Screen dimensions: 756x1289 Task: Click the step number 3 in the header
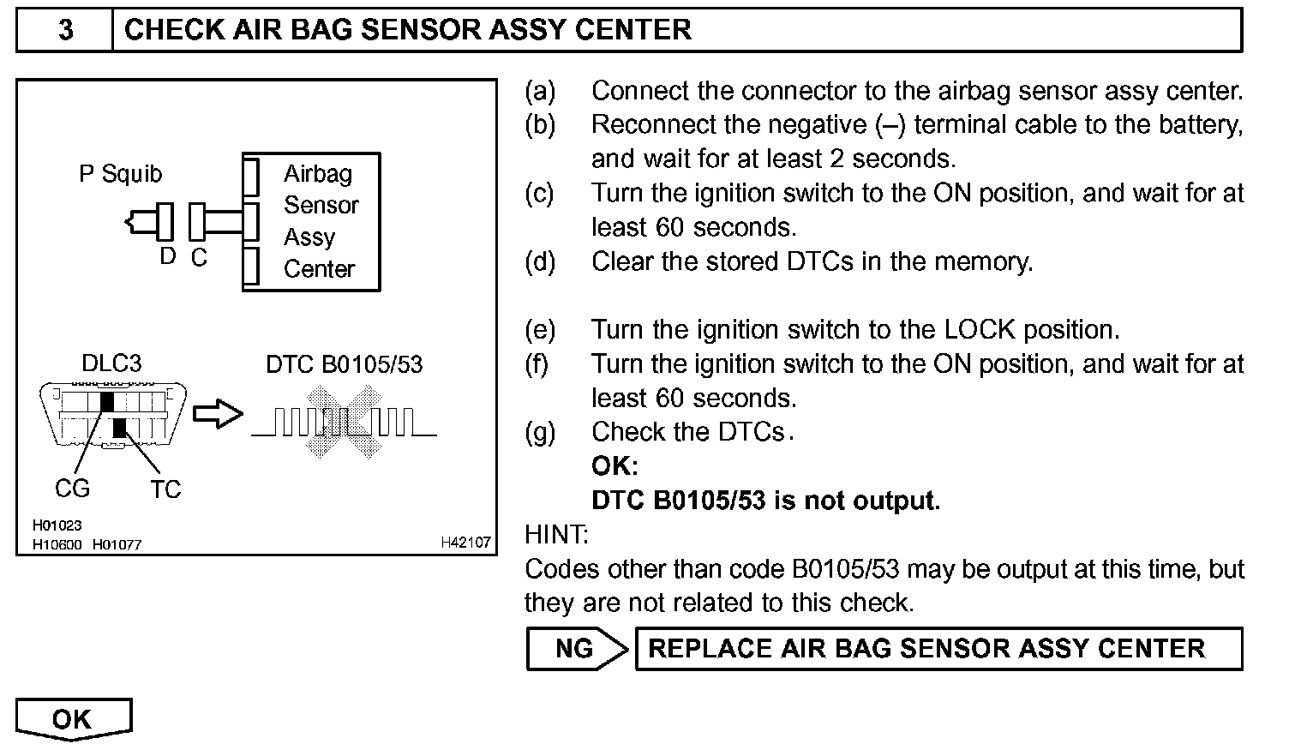coord(65,30)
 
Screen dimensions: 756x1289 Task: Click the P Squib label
coord(120,174)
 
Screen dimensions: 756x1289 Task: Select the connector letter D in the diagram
coord(168,256)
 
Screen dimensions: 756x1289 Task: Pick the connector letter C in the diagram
coord(199,258)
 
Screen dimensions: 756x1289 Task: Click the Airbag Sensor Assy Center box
coord(312,222)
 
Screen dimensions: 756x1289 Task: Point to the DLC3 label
coord(111,363)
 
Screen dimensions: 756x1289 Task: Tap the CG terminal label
coord(72,489)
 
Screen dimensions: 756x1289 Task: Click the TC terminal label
coord(165,489)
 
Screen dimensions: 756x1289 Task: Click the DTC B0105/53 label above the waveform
coord(345,364)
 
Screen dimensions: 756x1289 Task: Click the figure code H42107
coord(465,543)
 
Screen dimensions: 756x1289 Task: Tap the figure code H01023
coord(57,525)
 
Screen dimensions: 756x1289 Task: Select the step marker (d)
coord(540,261)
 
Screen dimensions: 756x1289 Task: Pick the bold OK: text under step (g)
coord(615,466)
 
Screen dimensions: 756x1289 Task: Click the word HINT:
coord(556,535)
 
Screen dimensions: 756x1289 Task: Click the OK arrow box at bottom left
coord(74,719)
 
